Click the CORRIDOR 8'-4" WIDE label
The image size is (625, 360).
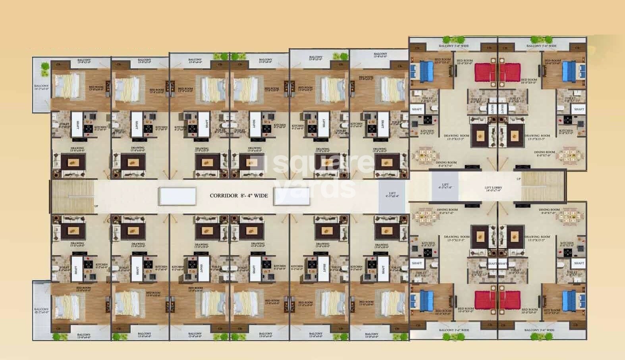[239, 196]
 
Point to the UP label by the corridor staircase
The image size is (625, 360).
[96, 206]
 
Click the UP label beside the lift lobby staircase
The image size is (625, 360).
[518, 179]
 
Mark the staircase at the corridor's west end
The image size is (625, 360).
[71, 196]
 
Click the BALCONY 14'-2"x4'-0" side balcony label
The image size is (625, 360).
[41, 87]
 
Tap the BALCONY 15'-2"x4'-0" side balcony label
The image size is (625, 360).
[41, 310]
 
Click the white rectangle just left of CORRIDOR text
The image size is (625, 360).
[177, 196]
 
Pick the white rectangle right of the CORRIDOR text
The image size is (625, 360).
[292, 196]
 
